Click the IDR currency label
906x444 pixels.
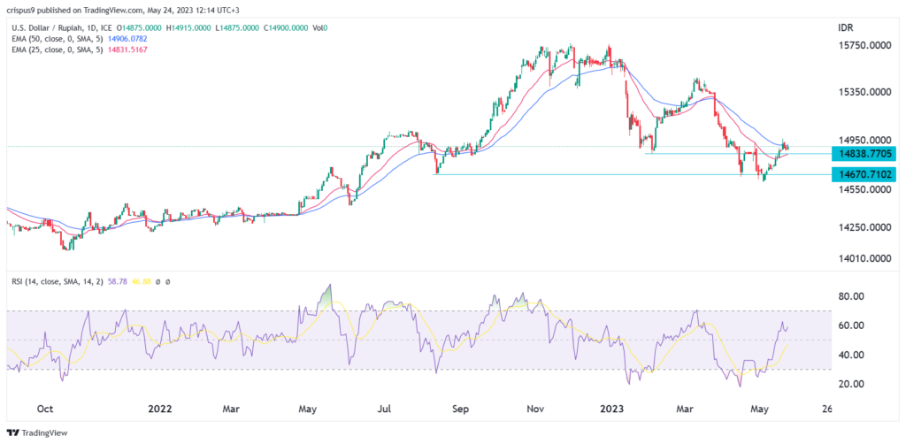tap(845, 28)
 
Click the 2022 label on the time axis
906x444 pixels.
tap(160, 410)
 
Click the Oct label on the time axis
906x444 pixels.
tap(46, 410)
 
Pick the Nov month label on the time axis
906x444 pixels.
tap(535, 410)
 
